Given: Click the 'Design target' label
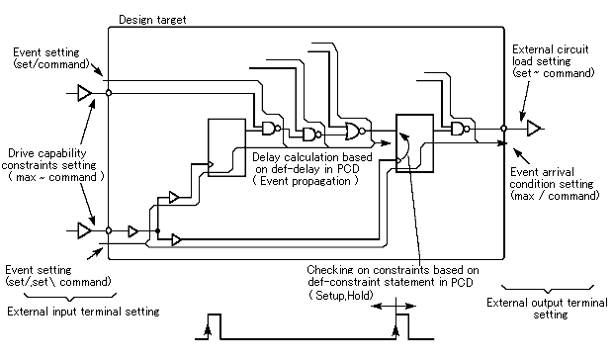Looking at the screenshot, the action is pyautogui.click(x=152, y=20).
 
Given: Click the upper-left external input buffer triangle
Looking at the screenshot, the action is pyautogui.click(x=84, y=93).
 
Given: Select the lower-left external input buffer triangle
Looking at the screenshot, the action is pyautogui.click(x=84, y=230).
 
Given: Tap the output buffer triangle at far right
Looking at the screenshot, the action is pyautogui.click(x=533, y=129).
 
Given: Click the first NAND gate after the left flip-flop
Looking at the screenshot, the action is pyautogui.click(x=271, y=129).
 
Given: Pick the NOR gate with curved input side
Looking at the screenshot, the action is pyautogui.click(x=355, y=132).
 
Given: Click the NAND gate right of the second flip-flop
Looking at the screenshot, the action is pyautogui.click(x=460, y=129).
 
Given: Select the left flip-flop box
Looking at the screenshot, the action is pyautogui.click(x=226, y=147).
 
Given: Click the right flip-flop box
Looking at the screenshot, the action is pyautogui.click(x=415, y=143).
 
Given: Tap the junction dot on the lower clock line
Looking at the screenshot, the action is pyautogui.click(x=157, y=231).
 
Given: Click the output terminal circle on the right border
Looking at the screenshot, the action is pyautogui.click(x=504, y=129).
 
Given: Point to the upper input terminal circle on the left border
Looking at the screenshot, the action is pyautogui.click(x=109, y=93).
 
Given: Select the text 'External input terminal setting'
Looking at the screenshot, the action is pyautogui.click(x=83, y=312).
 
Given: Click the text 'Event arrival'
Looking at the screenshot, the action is pyautogui.click(x=542, y=172).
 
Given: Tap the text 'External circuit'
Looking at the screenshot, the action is pyautogui.click(x=551, y=49).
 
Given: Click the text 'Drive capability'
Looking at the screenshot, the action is pyautogui.click(x=47, y=153).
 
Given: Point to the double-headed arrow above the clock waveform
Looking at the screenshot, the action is pyautogui.click(x=394, y=306).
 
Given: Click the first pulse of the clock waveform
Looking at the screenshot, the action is pyautogui.click(x=214, y=314).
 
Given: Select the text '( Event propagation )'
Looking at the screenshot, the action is pyautogui.click(x=306, y=181).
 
